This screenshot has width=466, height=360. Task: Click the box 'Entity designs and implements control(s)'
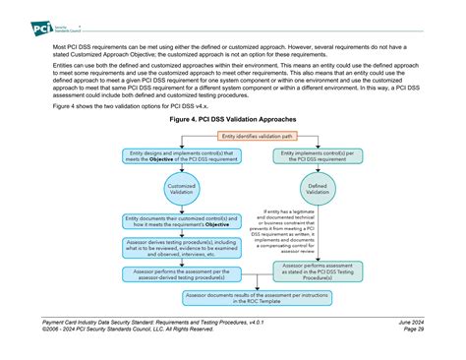(x=180, y=156)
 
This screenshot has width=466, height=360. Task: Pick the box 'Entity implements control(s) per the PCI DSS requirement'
(x=318, y=156)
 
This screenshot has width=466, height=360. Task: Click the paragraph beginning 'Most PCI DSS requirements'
(x=233, y=49)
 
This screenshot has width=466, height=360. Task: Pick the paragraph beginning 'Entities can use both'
(x=233, y=81)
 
